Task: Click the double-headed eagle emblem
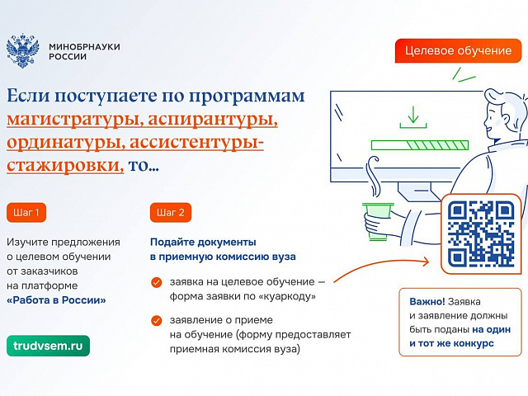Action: (22, 50)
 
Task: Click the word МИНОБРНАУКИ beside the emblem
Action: (84, 46)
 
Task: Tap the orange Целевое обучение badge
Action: (458, 51)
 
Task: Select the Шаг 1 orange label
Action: (26, 213)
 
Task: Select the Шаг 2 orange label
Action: (171, 213)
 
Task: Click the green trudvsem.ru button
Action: (48, 346)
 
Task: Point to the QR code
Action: (481, 233)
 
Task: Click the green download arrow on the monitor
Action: (413, 117)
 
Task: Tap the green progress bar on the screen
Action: (420, 145)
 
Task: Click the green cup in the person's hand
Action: (377, 220)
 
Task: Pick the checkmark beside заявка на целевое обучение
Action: (156, 282)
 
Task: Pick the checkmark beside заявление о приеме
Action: (156, 321)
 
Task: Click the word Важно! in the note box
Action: (427, 301)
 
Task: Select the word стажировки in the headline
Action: (65, 166)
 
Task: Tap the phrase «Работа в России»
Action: (56, 300)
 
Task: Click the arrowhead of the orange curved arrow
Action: (426, 262)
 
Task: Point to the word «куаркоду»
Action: (287, 297)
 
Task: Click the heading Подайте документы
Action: (203, 242)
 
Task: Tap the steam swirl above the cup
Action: (374, 176)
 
